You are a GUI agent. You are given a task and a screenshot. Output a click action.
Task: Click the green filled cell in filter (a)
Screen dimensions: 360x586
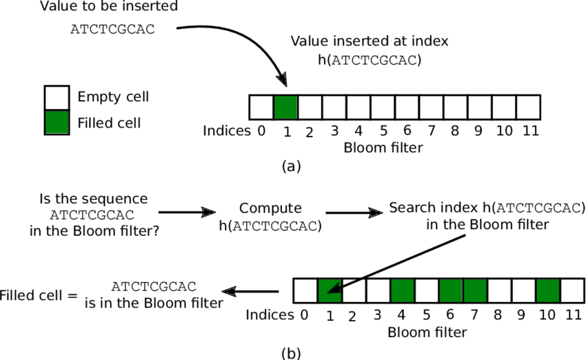285,108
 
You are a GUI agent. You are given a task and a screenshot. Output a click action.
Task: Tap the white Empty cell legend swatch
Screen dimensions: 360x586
57,97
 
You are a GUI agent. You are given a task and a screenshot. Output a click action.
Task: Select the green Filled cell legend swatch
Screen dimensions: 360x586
57,121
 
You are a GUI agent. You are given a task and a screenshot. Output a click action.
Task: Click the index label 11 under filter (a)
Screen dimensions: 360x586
529,130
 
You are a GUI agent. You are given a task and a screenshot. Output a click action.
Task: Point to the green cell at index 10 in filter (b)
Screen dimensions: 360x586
547,290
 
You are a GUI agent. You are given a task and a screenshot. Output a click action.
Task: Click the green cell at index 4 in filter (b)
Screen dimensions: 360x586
403,290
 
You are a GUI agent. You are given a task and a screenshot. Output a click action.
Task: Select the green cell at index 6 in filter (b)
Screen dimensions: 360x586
451,290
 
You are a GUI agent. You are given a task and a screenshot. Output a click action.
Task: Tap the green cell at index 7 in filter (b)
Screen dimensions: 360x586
475,290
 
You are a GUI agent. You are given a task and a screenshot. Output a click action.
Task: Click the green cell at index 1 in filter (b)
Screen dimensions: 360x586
330,290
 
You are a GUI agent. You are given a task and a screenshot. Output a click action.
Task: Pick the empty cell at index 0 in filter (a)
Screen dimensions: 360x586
261,108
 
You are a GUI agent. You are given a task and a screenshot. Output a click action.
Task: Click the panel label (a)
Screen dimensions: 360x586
291,166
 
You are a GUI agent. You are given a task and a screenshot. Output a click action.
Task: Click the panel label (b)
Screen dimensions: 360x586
291,353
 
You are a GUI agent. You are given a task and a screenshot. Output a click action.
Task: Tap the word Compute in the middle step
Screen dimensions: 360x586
270,208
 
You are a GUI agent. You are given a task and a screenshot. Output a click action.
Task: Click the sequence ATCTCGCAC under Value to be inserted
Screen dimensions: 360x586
113,30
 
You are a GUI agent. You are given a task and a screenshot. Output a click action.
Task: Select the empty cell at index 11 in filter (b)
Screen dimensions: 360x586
572,290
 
